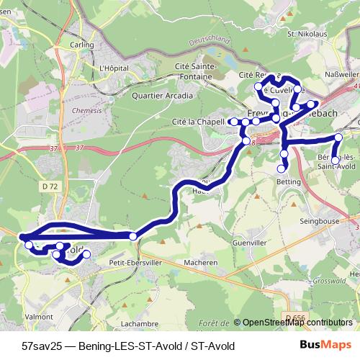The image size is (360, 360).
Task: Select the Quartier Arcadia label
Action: click(x=163, y=94)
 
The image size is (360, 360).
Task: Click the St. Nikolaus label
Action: click(x=303, y=33)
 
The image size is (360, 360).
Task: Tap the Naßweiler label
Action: click(x=342, y=73)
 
